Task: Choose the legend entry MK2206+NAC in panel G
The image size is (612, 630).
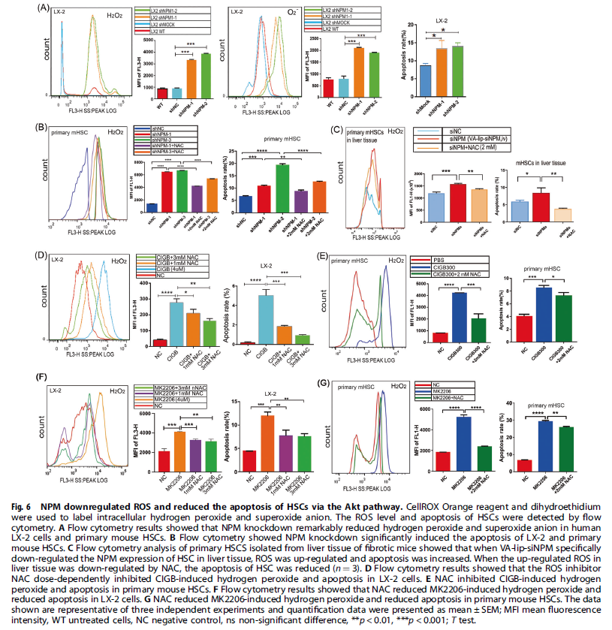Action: click(x=444, y=396)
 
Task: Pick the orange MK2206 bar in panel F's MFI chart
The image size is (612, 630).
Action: click(x=180, y=451)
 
